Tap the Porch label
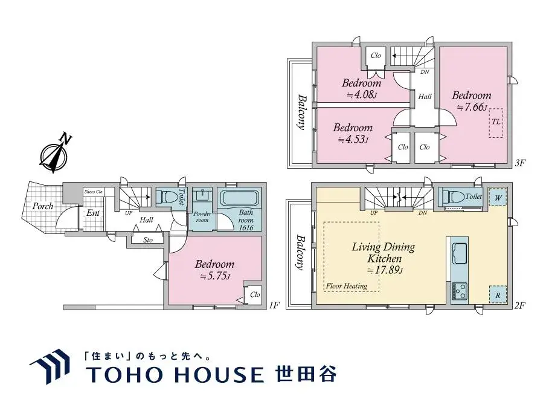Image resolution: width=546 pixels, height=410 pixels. click(x=42, y=206)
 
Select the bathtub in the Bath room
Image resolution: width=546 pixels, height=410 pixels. click(x=239, y=198)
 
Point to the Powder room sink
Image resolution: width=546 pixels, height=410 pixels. click(x=202, y=196)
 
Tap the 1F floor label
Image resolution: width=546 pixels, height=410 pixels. click(x=274, y=305)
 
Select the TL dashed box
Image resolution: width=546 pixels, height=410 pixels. click(x=496, y=122)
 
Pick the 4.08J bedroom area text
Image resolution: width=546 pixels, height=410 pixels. click(x=361, y=95)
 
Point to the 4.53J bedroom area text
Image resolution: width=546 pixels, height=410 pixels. click(x=353, y=140)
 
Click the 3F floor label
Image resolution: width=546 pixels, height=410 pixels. click(x=521, y=163)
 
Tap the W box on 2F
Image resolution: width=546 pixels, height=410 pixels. click(x=498, y=197)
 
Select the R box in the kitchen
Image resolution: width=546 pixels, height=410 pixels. click(x=498, y=294)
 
